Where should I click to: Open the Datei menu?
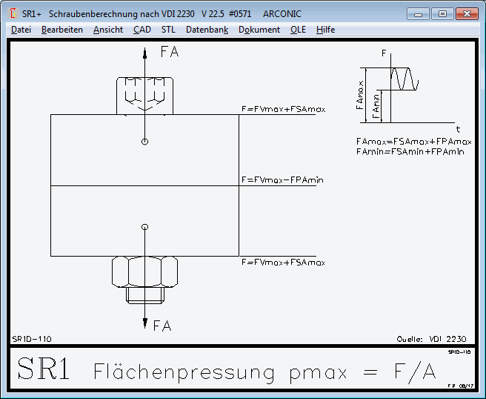click(21, 30)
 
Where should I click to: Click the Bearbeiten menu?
click(62, 30)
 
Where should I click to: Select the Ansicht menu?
click(108, 30)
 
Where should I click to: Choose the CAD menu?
click(142, 30)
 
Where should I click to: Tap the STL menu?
click(168, 30)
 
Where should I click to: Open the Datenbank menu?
click(207, 30)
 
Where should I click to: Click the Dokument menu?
click(259, 30)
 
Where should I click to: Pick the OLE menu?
click(298, 30)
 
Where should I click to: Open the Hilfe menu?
click(325, 30)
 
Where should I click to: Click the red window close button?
click(466, 13)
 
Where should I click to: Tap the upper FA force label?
click(170, 53)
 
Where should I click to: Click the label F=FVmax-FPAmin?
click(283, 179)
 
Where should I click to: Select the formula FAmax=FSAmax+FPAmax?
click(413, 141)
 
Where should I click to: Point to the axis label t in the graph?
click(458, 128)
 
